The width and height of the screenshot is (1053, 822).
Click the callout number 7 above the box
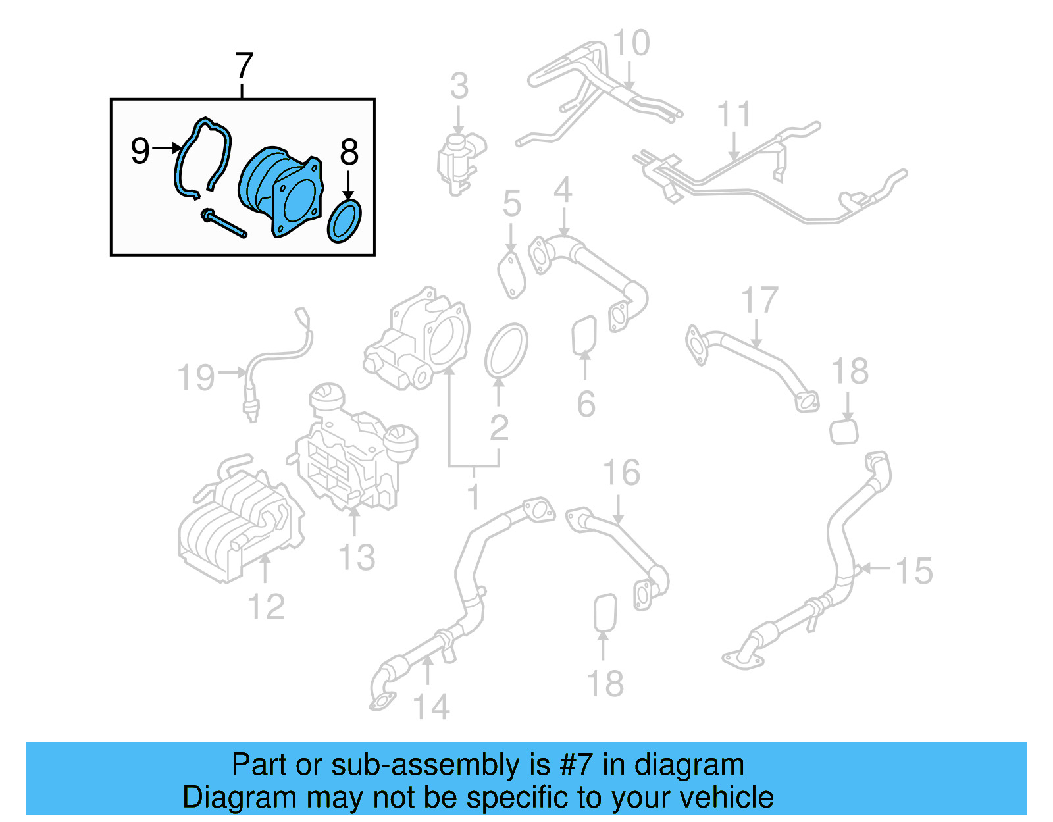[244, 66]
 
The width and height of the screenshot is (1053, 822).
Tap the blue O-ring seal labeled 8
[344, 221]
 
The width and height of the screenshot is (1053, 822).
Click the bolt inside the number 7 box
[224, 223]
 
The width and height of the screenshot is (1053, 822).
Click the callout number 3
[459, 86]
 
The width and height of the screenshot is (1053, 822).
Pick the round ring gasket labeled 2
[506, 351]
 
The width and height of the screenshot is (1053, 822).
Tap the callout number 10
[630, 43]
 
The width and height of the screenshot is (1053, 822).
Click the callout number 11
[733, 115]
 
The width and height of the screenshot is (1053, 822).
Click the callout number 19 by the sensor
[196, 378]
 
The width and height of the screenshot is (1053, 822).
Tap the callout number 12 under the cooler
[266, 607]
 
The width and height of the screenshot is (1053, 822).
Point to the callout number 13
[356, 557]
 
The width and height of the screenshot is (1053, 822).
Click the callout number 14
[431, 707]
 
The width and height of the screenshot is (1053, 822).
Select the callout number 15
[914, 571]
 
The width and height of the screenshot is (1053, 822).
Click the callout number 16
[621, 473]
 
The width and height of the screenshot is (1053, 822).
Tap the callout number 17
[759, 301]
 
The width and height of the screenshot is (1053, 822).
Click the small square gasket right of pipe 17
[844, 432]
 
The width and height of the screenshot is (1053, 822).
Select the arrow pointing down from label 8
[349, 185]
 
